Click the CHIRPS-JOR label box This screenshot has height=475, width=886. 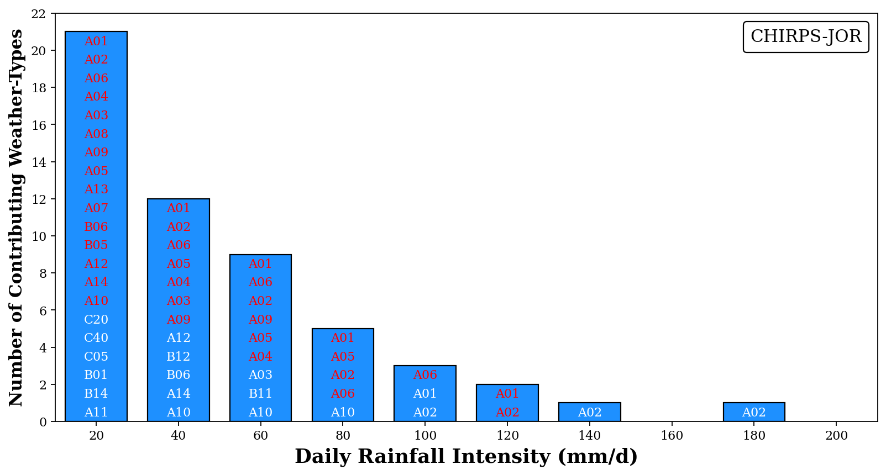805,36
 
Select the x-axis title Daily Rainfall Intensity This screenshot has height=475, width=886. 466,457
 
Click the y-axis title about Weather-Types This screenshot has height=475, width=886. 16,217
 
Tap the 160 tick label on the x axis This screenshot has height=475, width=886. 672,436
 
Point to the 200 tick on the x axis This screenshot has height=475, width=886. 836,436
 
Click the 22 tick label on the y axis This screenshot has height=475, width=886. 39,14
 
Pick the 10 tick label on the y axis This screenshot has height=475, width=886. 39,236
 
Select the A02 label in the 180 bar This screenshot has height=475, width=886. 754,413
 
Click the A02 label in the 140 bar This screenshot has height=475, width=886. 589,413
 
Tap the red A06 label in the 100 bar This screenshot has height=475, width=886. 425,375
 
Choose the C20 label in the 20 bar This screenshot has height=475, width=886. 96,320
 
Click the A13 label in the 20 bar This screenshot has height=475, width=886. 96,189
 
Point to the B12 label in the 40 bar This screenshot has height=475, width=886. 179,357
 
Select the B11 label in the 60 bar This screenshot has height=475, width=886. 260,394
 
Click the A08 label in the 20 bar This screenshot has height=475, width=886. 96,134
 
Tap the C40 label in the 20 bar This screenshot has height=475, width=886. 96,338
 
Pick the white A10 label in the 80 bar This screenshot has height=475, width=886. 343,413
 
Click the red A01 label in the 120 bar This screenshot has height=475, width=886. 507,394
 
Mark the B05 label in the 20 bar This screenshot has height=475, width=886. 96,245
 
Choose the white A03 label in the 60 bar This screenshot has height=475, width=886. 260,375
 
